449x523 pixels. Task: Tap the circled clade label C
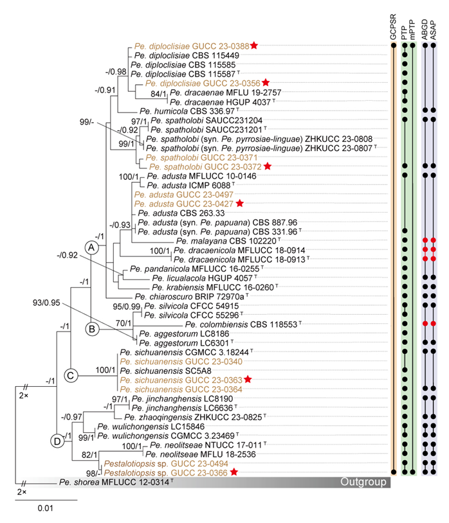coord(71,375)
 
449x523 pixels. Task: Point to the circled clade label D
coord(57,440)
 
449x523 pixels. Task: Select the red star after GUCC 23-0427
coord(239,202)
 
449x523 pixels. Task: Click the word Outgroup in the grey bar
coord(362,482)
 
